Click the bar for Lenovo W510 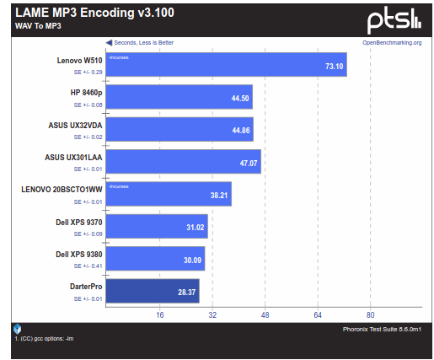tap(226, 65)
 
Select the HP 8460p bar tap(179, 98)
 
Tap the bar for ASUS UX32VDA tap(180, 130)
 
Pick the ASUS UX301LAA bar tap(184, 162)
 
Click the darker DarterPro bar tap(153, 291)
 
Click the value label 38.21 tap(217, 195)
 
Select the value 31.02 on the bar tap(194, 227)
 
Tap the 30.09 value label tap(192, 259)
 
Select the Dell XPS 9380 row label tap(78, 254)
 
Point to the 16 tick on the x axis tap(159, 315)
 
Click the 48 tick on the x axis tap(265, 315)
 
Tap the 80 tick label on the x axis tap(370, 315)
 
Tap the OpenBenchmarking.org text tap(392, 41)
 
